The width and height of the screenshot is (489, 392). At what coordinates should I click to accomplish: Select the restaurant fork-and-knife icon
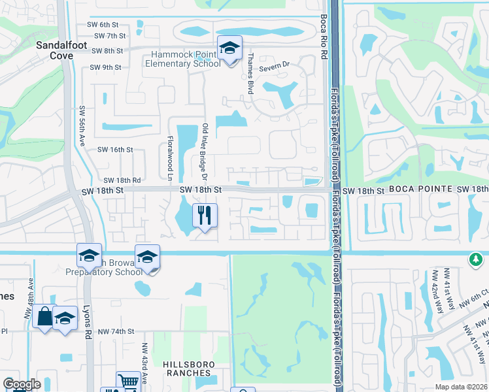(x=205, y=215)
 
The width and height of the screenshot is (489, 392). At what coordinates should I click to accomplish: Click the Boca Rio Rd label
(x=323, y=38)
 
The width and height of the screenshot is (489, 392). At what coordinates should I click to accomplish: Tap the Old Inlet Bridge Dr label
(x=205, y=153)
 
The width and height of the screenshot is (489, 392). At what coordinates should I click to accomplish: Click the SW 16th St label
(x=115, y=150)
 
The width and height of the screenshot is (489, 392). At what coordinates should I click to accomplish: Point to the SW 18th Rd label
(x=122, y=180)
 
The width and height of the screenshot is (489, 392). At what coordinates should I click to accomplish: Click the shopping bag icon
(x=44, y=317)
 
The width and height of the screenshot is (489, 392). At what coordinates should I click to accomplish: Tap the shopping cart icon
(x=128, y=382)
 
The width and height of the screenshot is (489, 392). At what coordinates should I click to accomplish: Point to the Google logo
(x=22, y=384)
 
